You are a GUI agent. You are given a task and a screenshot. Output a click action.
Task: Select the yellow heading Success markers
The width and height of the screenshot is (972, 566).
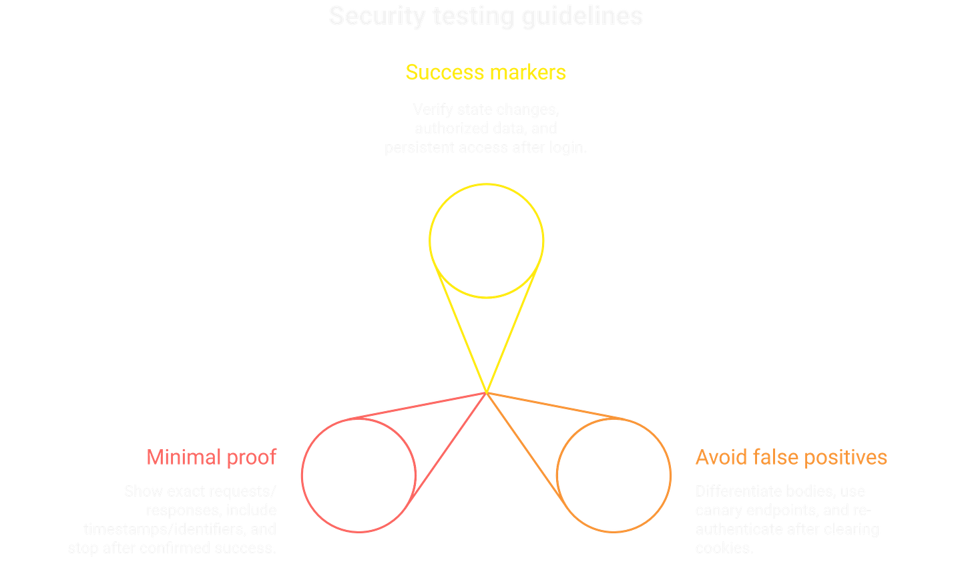(x=486, y=72)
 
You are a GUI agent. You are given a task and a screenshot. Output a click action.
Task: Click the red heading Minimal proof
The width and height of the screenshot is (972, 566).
(x=211, y=457)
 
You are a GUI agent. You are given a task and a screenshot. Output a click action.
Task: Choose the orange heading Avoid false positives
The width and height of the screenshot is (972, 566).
(x=791, y=457)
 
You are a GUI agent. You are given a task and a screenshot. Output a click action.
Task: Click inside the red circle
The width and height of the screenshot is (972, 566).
(x=358, y=475)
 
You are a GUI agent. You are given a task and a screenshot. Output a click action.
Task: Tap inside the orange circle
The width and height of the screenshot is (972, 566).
(x=614, y=475)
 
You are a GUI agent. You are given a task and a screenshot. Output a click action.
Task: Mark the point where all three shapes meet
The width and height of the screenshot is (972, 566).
(x=486, y=392)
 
